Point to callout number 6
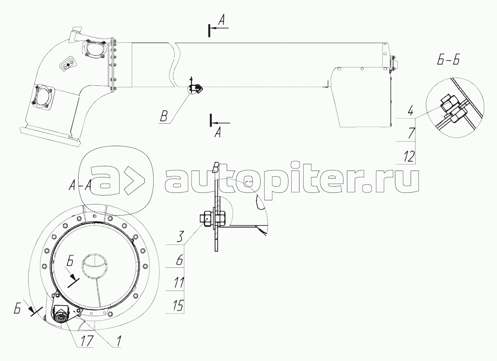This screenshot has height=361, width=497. point(180,260)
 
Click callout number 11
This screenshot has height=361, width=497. point(179,283)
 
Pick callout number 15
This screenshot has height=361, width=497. point(179,306)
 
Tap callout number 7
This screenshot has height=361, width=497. point(411,133)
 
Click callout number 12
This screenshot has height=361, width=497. point(409,156)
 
